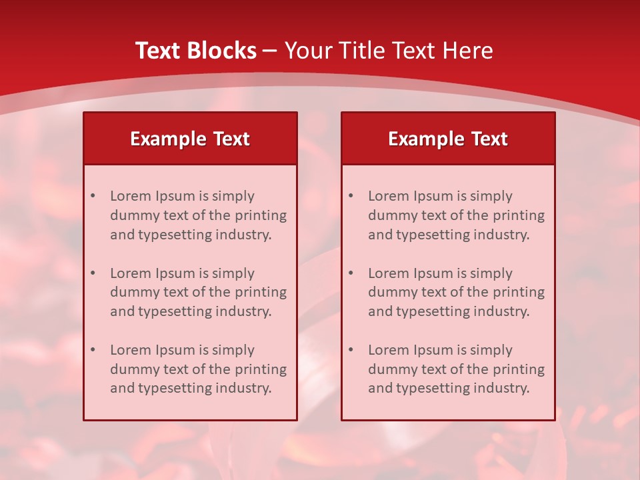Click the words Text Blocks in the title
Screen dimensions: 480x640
[195, 51]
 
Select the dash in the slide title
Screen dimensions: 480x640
[270, 51]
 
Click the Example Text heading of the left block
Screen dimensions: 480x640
[190, 139]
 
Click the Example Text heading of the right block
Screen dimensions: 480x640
[448, 139]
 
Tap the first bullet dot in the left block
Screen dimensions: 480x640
[93, 196]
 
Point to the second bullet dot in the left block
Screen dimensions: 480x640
[93, 273]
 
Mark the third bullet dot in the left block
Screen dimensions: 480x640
[93, 350]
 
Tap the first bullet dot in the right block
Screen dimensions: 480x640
[351, 196]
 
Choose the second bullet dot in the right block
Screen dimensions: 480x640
[351, 273]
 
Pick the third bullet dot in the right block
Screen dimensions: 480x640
[351, 350]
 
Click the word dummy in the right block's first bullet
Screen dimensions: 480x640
[391, 215]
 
